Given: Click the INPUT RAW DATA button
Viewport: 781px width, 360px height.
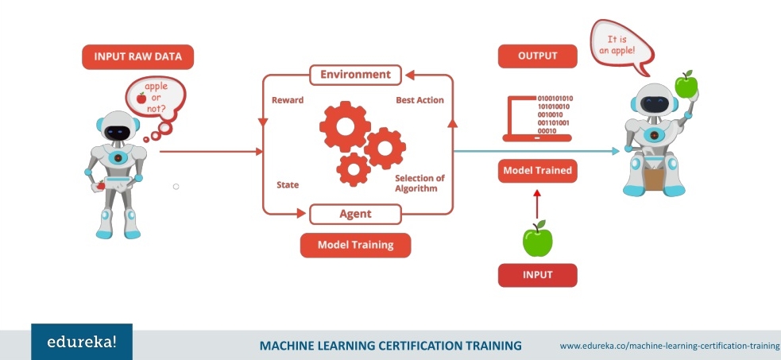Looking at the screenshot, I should click(x=137, y=56).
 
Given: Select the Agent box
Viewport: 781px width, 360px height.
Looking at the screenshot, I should click(x=355, y=214).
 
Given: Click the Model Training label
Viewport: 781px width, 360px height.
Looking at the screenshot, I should click(x=355, y=245).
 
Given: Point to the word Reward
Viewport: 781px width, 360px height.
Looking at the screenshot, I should click(x=287, y=100).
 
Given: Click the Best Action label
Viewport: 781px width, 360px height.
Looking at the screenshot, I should click(x=419, y=100).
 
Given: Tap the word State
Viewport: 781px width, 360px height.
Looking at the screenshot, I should click(x=287, y=185).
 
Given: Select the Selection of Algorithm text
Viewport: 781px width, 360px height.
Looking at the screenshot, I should click(x=419, y=183).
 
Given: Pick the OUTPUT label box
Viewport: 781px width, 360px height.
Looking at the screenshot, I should click(x=537, y=56).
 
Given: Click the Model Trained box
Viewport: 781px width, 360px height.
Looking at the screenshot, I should click(x=537, y=170).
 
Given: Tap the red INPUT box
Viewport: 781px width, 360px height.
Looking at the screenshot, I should click(x=537, y=274).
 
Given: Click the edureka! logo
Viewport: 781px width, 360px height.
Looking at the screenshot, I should click(x=82, y=343).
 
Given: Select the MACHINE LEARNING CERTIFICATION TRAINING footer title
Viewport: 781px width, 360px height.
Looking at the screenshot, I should click(x=390, y=346).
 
